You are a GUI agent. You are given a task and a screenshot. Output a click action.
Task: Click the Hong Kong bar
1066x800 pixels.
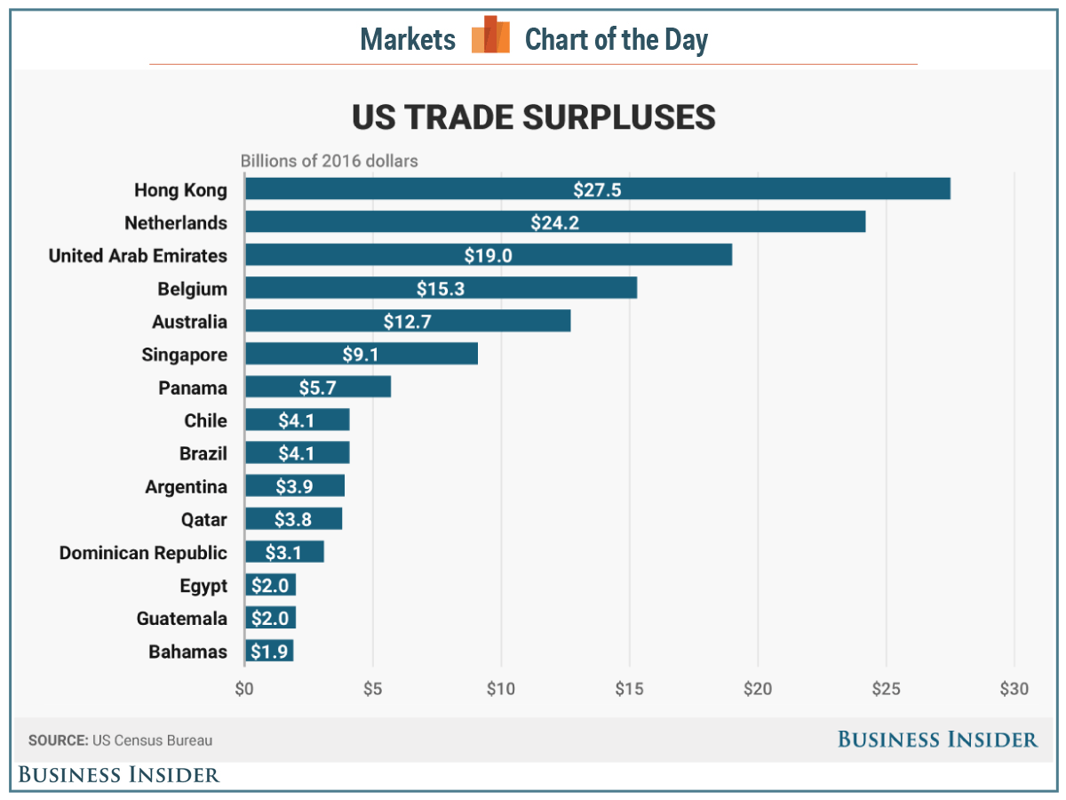597,189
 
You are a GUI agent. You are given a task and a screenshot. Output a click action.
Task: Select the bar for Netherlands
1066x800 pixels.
555,222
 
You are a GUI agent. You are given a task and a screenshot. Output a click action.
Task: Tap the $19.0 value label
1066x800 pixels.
488,256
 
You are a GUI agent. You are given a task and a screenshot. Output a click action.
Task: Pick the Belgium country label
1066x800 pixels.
192,289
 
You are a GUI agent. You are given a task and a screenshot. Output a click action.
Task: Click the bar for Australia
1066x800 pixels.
408,321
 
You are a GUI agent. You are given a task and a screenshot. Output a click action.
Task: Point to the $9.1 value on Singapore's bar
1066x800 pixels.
360,355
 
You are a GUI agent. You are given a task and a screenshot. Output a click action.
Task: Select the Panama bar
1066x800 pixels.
318,388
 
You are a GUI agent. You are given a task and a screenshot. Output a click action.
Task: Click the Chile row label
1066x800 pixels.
205,420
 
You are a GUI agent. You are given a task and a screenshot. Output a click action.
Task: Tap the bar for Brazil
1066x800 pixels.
298,453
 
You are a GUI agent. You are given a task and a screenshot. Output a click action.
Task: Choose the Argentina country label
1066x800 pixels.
186,487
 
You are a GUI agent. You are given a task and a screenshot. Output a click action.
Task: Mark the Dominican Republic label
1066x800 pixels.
143,553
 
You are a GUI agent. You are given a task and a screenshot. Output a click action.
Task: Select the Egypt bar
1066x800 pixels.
270,586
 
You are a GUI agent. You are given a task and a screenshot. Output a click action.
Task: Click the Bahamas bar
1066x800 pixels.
269,652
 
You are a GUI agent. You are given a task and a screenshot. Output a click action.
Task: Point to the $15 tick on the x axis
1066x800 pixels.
629,689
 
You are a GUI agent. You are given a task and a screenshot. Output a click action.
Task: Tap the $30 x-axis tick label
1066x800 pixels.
1014,689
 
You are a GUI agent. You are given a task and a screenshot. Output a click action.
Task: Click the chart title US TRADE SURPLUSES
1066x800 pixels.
533,118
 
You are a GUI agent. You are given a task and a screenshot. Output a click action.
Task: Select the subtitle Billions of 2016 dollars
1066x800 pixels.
330,162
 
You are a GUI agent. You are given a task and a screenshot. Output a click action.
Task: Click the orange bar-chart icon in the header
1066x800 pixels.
490,36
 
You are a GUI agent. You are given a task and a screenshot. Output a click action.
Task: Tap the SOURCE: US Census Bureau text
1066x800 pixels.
121,740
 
